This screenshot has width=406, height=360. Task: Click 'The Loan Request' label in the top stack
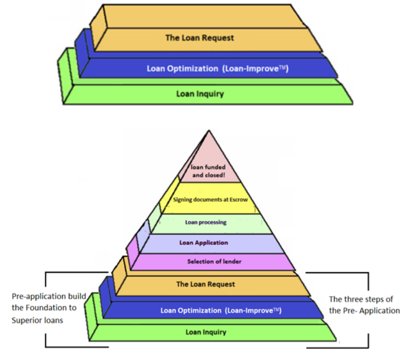(x=200, y=38)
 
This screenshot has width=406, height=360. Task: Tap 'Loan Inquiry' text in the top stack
(x=200, y=93)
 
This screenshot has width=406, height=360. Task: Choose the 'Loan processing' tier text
(x=205, y=222)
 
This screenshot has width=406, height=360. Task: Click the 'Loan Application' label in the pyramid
(x=203, y=243)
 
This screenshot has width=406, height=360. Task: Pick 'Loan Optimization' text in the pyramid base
(x=191, y=311)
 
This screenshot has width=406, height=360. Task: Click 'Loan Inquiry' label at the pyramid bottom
(x=205, y=332)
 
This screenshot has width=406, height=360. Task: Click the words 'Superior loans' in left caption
(x=37, y=320)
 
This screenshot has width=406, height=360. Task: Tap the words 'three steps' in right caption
(x=364, y=300)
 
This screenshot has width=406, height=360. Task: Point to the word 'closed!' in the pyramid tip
(x=217, y=176)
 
